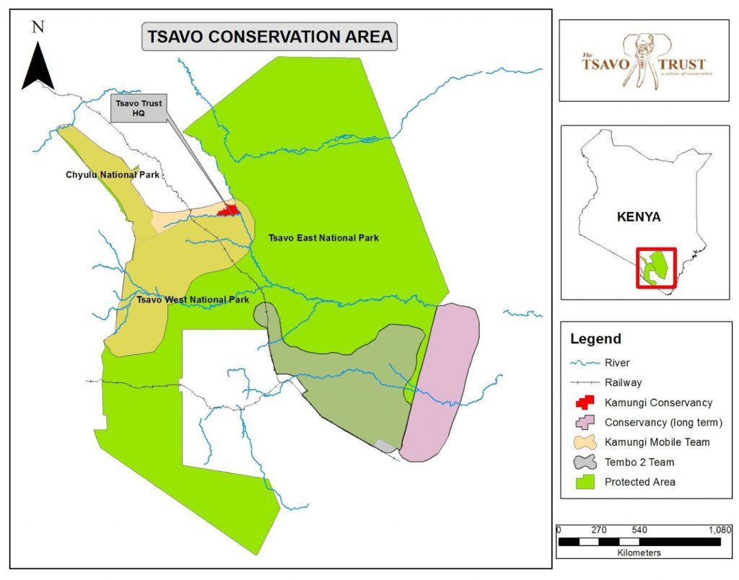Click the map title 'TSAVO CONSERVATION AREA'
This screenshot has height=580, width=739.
(270, 36)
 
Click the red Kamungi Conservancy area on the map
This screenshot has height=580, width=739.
(230, 211)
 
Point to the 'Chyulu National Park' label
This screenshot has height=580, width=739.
(112, 175)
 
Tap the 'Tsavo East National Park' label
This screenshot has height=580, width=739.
(323, 237)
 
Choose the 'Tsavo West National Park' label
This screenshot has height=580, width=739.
(193, 299)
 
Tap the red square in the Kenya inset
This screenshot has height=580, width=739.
(656, 268)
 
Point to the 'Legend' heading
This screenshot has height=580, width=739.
(595, 339)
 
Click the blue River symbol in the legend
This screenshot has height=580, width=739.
(584, 364)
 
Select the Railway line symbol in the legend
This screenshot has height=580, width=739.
(584, 383)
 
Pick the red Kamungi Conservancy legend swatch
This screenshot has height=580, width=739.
(584, 403)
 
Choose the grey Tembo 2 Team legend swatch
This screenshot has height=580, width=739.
(584, 462)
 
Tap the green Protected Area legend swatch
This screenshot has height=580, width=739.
(584, 482)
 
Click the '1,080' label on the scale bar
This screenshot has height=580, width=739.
(719, 530)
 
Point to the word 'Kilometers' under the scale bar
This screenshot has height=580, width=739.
(639, 553)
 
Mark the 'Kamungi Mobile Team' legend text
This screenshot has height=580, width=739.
(657, 442)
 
